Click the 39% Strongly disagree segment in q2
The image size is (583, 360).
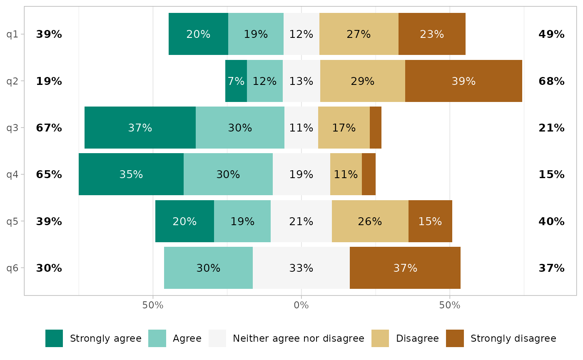(x=463, y=81)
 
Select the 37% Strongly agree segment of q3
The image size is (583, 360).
(x=140, y=128)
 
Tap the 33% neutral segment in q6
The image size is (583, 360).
(x=301, y=268)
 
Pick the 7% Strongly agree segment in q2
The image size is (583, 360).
(x=236, y=81)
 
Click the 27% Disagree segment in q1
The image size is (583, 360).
(x=359, y=34)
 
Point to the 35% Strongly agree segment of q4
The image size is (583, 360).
(x=131, y=174)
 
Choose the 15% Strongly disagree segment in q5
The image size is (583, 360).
(x=430, y=221)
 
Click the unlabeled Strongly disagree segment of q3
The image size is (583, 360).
(x=376, y=128)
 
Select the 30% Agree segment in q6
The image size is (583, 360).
(x=208, y=268)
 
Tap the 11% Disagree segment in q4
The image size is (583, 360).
(x=346, y=174)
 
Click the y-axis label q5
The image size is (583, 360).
(x=12, y=221)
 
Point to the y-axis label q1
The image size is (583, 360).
(x=12, y=34)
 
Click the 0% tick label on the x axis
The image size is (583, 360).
(x=301, y=305)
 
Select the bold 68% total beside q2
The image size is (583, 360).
(x=551, y=81)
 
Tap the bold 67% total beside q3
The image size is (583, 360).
(x=49, y=128)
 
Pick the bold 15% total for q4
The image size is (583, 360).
(x=551, y=174)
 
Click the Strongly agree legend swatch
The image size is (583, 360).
(x=54, y=338)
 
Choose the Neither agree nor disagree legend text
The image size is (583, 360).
(x=299, y=338)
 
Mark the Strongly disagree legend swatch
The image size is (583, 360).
(x=455, y=338)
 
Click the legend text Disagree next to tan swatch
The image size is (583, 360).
(x=417, y=338)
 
